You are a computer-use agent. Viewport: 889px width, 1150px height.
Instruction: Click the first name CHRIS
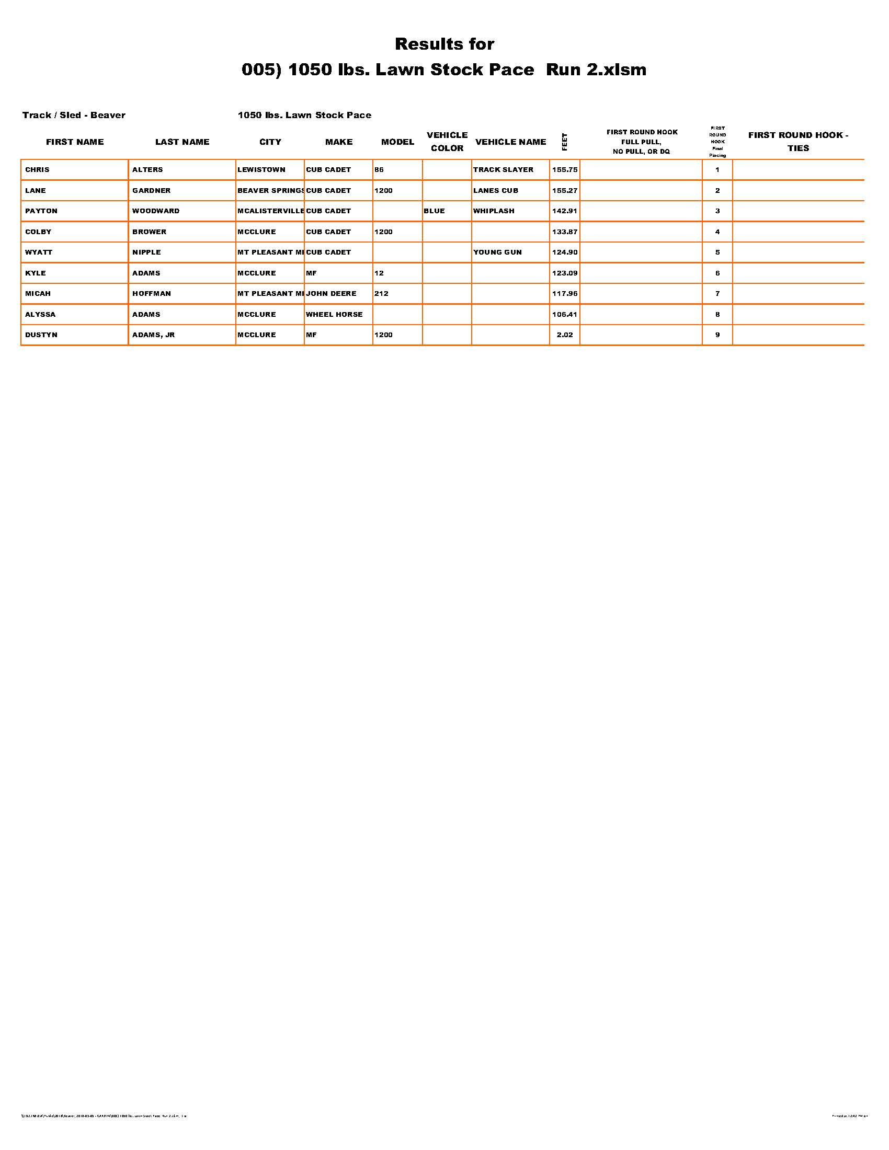point(38,169)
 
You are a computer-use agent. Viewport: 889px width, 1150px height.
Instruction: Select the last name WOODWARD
point(156,211)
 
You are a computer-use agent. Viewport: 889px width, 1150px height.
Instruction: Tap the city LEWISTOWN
point(261,169)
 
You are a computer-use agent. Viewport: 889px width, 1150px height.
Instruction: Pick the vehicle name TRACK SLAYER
point(503,169)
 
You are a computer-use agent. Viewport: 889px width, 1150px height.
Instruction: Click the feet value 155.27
point(565,190)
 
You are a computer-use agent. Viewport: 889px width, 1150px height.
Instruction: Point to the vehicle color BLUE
point(434,211)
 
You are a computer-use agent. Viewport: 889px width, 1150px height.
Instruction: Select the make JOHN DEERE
point(331,293)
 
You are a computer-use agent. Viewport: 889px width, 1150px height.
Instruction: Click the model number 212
point(381,293)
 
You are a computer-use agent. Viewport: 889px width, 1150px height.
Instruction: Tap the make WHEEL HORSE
point(335,314)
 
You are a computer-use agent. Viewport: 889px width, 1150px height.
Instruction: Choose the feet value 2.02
point(565,335)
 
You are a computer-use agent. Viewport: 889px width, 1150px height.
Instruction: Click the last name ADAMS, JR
point(153,335)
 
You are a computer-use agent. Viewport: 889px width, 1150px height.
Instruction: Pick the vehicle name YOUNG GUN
point(497,252)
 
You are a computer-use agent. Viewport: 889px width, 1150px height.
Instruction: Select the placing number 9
point(717,335)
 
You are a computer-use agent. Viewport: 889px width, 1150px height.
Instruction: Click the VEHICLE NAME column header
point(510,142)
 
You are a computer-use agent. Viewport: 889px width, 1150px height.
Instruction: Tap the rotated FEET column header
point(565,142)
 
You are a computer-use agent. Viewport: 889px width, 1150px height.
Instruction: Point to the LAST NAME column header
point(182,142)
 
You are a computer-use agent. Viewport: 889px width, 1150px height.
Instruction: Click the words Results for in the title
point(444,44)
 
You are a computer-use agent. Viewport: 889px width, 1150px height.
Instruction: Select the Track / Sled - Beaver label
point(74,115)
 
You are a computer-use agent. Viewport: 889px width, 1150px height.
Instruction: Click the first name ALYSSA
point(40,314)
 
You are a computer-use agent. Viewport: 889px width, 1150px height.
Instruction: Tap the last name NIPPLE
point(146,252)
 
